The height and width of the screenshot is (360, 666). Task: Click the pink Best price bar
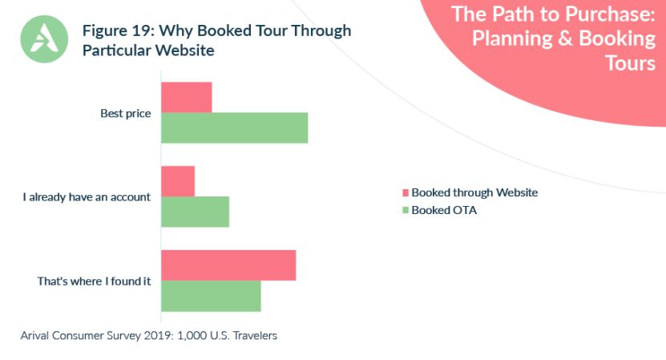click(x=187, y=97)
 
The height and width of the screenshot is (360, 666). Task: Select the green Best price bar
click(x=235, y=127)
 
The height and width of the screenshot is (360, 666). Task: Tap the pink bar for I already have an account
click(x=178, y=181)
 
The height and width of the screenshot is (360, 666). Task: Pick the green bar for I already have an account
click(x=196, y=212)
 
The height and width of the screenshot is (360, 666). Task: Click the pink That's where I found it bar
click(x=228, y=265)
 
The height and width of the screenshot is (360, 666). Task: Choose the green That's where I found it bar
click(x=212, y=296)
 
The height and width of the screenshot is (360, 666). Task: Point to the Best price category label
click(x=126, y=113)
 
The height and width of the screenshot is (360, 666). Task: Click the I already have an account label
click(x=87, y=197)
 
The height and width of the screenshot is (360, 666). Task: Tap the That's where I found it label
click(x=95, y=281)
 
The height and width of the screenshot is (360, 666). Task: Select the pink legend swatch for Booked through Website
click(x=405, y=192)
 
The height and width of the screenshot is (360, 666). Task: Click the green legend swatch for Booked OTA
click(x=405, y=211)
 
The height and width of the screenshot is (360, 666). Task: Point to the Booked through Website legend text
click(x=474, y=192)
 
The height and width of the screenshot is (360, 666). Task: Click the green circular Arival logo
click(x=44, y=38)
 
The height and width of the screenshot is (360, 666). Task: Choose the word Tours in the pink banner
click(x=630, y=63)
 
